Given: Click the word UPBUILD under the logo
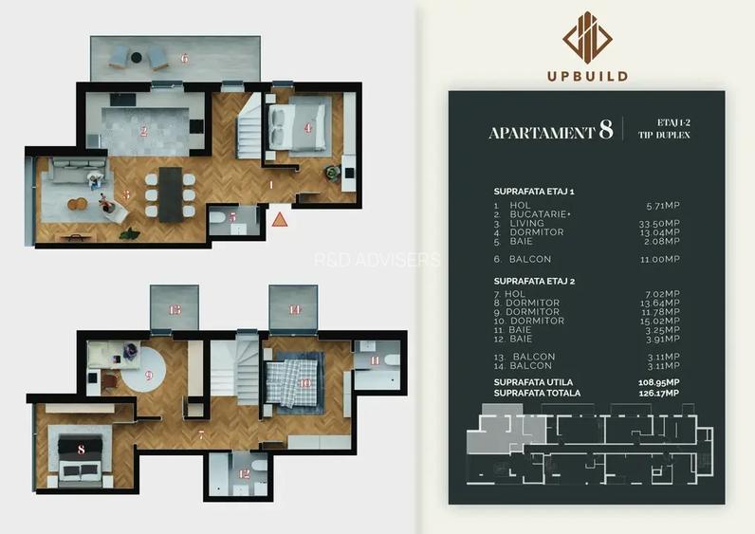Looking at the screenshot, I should (x=586, y=76).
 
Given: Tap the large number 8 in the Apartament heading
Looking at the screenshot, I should (x=605, y=131).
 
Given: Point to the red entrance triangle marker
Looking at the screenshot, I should (x=280, y=219).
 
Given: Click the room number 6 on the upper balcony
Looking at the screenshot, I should (x=184, y=59).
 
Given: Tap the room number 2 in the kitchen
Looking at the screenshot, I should (x=144, y=132).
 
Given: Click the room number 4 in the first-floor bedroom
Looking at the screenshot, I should (x=307, y=127).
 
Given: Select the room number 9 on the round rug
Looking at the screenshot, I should (x=149, y=374).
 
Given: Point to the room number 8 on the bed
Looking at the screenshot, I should (x=81, y=450).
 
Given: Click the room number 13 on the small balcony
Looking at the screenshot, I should (x=175, y=310).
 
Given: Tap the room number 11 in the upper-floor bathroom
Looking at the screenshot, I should (x=375, y=360).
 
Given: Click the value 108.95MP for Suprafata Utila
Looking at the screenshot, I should (x=659, y=381).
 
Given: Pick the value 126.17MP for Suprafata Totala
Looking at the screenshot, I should (x=659, y=393).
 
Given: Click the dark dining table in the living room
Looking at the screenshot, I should (x=171, y=193).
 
